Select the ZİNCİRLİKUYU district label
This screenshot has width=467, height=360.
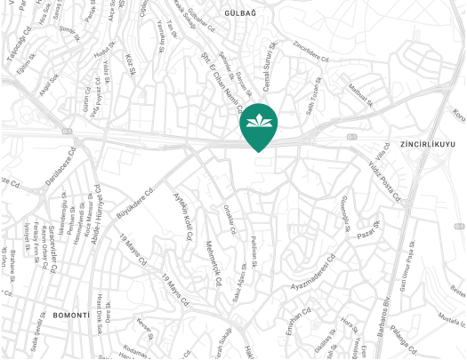(x=428, y=143)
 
